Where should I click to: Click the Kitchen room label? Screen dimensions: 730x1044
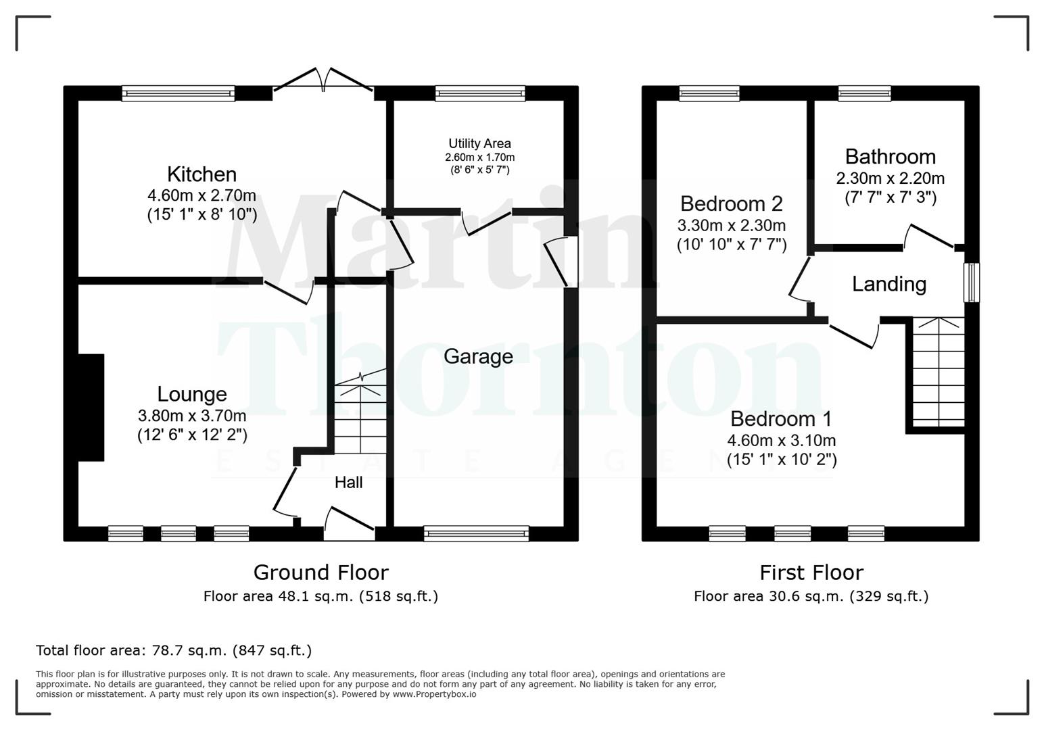201,174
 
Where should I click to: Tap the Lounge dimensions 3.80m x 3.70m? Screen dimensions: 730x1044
192,416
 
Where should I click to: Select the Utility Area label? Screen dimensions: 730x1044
479,143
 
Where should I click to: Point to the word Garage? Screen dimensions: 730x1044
478,356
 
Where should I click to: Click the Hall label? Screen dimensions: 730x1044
348,482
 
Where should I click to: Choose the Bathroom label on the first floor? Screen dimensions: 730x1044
890,157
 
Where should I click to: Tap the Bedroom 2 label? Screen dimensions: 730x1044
731,203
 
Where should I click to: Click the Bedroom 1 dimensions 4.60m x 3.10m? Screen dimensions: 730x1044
781,441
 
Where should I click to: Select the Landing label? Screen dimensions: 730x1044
888,284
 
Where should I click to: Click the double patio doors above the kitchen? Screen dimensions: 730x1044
323,81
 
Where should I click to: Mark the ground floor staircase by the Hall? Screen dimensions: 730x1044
360,416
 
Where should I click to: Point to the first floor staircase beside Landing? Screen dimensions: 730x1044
939,372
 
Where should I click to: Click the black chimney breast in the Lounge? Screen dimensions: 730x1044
91,408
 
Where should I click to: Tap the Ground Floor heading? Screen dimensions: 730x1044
321,573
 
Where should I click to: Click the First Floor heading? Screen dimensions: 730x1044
811,573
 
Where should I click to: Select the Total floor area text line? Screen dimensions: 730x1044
174,650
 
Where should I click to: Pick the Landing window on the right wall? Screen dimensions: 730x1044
971,283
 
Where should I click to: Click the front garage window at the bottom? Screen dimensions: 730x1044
477,534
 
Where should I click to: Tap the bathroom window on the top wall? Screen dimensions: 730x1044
864,93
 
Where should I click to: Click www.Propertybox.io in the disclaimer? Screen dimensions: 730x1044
434,694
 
